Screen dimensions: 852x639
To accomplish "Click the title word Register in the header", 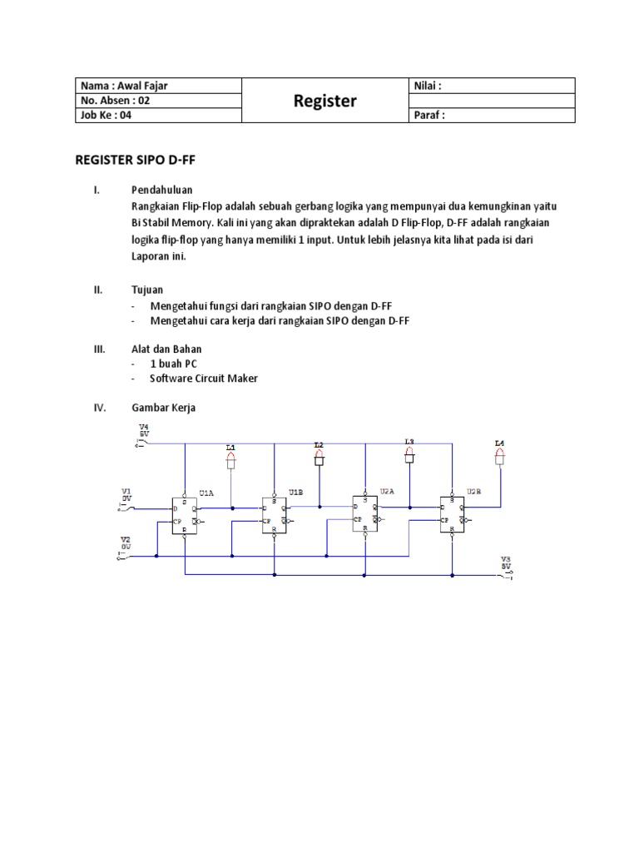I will (x=324, y=102).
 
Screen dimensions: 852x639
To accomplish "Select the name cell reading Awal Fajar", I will (x=117, y=86).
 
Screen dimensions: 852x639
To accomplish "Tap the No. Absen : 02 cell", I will (x=116, y=101).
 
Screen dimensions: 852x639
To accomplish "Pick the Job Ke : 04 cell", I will (x=106, y=116).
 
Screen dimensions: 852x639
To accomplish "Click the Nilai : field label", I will (x=427, y=86).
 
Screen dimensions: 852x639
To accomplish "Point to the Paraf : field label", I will (x=429, y=116).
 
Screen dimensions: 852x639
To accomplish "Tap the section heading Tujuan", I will (x=146, y=290).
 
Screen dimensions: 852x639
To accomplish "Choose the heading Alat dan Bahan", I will (x=166, y=349).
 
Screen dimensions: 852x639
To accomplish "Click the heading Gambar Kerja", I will (x=165, y=409).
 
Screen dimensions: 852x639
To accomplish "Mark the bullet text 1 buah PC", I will (x=174, y=364).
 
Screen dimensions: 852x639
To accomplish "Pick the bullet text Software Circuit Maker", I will (x=204, y=378).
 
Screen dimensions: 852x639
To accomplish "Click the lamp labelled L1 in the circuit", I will (x=231, y=458).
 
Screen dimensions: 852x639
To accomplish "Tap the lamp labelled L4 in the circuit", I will (x=500, y=453).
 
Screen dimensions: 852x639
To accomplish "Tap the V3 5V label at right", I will (x=505, y=563).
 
